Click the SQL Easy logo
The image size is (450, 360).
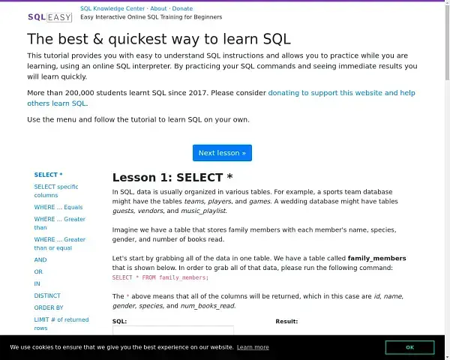click(x=50, y=17)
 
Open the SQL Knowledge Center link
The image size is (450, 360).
click(x=112, y=8)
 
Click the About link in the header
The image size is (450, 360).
click(x=158, y=8)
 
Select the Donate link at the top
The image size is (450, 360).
click(x=182, y=8)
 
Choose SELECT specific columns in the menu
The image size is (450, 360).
click(x=56, y=191)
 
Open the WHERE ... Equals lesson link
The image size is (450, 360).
click(x=58, y=207)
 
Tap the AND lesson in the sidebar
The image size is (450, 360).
click(x=40, y=259)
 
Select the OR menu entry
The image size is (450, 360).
click(x=38, y=271)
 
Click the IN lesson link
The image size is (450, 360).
click(x=37, y=284)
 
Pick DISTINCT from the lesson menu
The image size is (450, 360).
click(x=47, y=295)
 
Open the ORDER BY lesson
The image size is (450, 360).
click(x=49, y=307)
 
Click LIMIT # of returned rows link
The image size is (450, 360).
click(x=61, y=323)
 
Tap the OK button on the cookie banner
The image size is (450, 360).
click(x=409, y=347)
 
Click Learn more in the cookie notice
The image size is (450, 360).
click(x=253, y=347)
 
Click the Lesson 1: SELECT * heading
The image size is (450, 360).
click(x=172, y=178)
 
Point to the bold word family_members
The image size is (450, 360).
click(x=376, y=258)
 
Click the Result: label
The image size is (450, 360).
click(x=286, y=321)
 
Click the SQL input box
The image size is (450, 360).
click(x=173, y=330)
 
